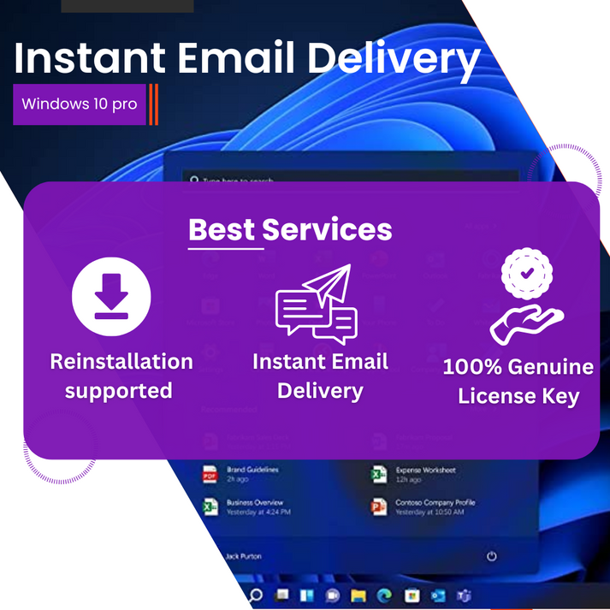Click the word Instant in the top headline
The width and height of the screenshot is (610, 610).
click(x=90, y=59)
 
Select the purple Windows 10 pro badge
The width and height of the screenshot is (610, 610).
click(x=80, y=104)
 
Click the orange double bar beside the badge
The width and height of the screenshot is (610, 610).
click(x=153, y=104)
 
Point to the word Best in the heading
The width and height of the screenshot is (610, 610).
click(x=222, y=229)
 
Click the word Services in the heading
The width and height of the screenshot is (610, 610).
click(x=328, y=229)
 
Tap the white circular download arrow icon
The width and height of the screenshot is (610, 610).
click(x=111, y=299)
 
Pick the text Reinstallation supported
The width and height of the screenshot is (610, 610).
click(x=121, y=376)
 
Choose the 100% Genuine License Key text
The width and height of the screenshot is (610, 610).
click(x=518, y=382)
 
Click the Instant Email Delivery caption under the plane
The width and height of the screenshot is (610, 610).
click(x=320, y=376)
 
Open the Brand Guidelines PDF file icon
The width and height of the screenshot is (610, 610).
click(x=210, y=474)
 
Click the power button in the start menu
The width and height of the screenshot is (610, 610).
click(x=491, y=556)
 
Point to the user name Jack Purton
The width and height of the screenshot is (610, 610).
click(x=245, y=556)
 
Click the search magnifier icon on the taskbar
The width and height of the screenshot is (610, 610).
click(x=255, y=595)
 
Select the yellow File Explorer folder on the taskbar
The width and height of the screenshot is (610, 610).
click(x=359, y=595)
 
